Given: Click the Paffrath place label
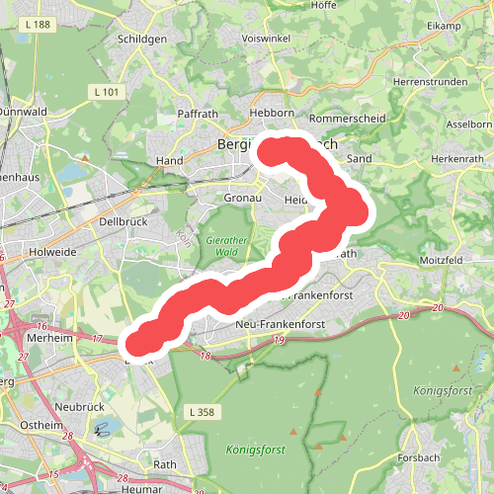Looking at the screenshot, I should point(197,114).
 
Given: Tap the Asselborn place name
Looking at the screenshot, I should point(469,124).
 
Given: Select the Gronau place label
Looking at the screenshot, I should point(242,198).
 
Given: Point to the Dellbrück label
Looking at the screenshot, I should point(123,222).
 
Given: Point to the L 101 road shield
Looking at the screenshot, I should point(110,93).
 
